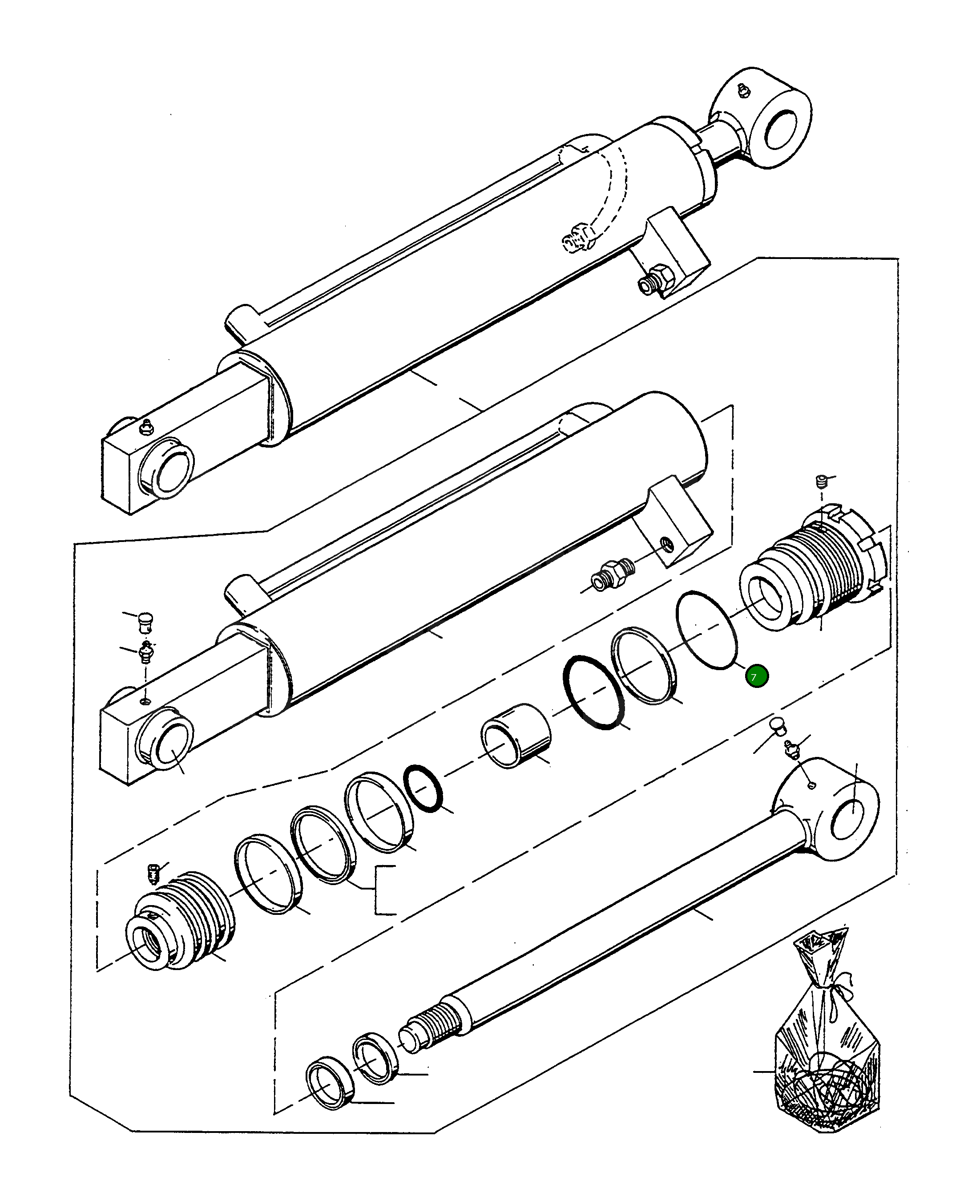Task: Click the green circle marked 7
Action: coord(756,676)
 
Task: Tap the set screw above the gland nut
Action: coord(821,482)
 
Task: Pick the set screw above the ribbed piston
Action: coord(153,888)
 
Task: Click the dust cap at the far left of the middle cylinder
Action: coord(145,621)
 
